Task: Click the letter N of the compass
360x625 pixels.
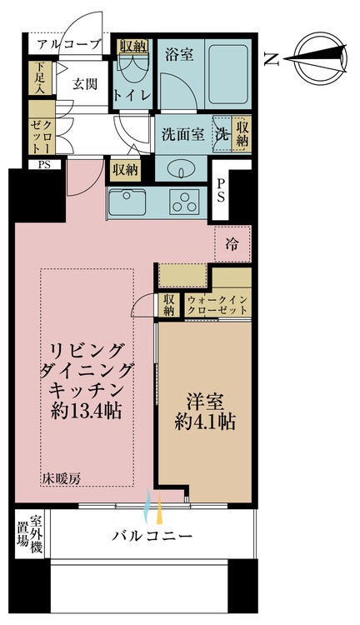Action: coord(271,57)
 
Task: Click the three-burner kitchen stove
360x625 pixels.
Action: coord(184,201)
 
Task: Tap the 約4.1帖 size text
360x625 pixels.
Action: coord(205,422)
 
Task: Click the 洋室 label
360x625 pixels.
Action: coord(204,399)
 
